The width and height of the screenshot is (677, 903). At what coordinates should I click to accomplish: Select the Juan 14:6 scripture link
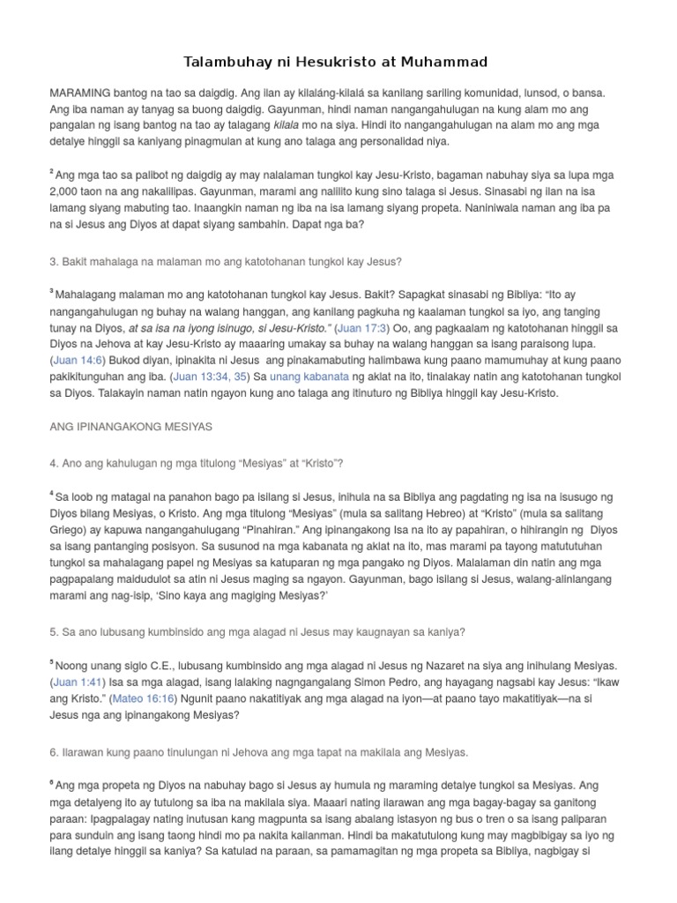(78, 361)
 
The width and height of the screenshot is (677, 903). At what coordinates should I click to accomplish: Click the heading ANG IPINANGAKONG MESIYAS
(132, 427)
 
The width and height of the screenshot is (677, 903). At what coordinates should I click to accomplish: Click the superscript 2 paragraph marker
(52, 174)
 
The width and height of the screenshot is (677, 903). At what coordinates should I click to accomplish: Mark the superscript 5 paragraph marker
(52, 663)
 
